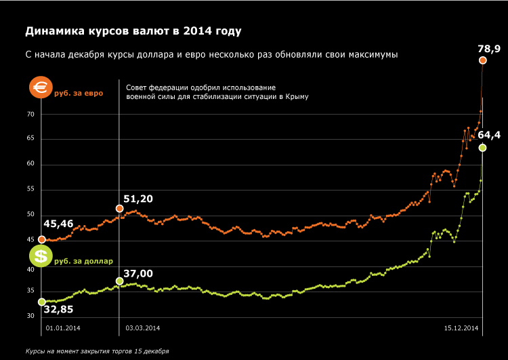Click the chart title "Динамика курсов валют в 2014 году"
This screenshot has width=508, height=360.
coord(133,31)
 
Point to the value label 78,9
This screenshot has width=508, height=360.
coord(489,49)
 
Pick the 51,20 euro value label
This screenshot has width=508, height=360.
coord(137,199)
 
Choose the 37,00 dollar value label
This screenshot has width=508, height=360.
coord(137,273)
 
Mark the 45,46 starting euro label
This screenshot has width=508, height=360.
coord(58,224)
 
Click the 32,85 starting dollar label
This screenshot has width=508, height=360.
coord(58,310)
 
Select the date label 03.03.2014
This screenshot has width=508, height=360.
coord(143,329)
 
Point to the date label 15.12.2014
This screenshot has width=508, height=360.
coord(461,329)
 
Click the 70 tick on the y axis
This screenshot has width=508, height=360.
coord(30,115)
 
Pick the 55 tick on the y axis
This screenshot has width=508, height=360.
coord(30,190)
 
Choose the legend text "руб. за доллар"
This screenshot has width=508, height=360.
coord(83,260)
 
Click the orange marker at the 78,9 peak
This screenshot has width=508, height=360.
coord(483,61)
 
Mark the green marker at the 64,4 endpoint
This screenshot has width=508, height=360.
coord(482,148)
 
